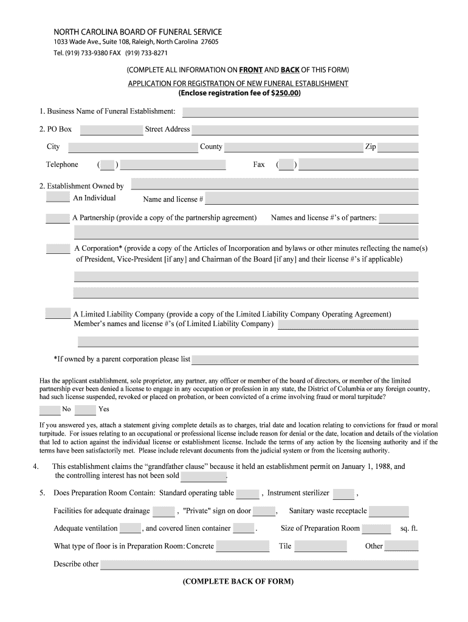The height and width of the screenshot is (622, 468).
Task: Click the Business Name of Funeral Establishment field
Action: [300, 112]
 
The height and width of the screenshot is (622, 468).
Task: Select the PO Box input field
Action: [111, 130]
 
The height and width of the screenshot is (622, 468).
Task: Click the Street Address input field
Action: [305, 130]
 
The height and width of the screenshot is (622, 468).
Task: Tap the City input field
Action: [129, 147]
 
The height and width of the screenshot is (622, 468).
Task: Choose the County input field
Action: [294, 147]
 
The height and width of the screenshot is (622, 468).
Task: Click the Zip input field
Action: [398, 147]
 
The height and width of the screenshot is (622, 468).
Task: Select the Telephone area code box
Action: [108, 165]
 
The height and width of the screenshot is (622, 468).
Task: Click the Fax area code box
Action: [286, 165]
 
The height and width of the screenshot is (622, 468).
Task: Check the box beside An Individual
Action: [58, 197]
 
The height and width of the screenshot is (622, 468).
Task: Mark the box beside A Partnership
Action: [58, 218]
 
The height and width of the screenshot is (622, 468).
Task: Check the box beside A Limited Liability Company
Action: [58, 313]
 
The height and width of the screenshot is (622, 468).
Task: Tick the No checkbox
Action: [49, 409]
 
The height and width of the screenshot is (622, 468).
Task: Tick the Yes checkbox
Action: [86, 409]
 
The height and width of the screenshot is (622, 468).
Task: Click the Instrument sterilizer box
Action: [343, 494]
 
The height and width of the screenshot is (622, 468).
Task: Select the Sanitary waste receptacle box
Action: [389, 511]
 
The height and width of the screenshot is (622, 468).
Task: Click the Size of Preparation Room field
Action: [377, 528]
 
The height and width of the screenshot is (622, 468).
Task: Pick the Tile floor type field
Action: [320, 546]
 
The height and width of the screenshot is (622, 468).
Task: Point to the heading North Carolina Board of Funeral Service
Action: [138, 32]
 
